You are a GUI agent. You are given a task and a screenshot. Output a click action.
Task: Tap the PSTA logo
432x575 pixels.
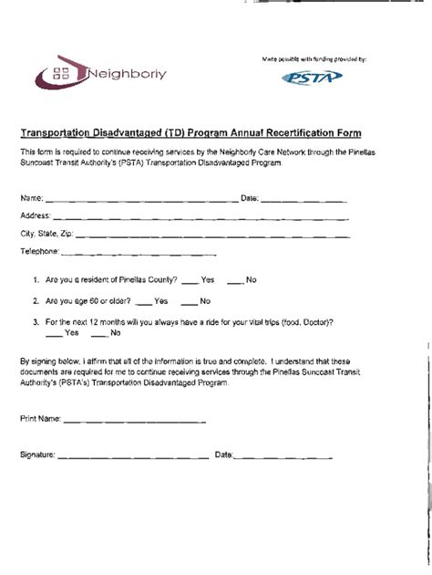coord(315,78)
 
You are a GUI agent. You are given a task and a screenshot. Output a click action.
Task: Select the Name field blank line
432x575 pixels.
coord(140,199)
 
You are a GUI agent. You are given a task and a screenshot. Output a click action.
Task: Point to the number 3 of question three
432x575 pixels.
coord(34,322)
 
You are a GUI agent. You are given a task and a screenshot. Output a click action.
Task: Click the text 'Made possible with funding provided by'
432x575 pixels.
coord(314,59)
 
